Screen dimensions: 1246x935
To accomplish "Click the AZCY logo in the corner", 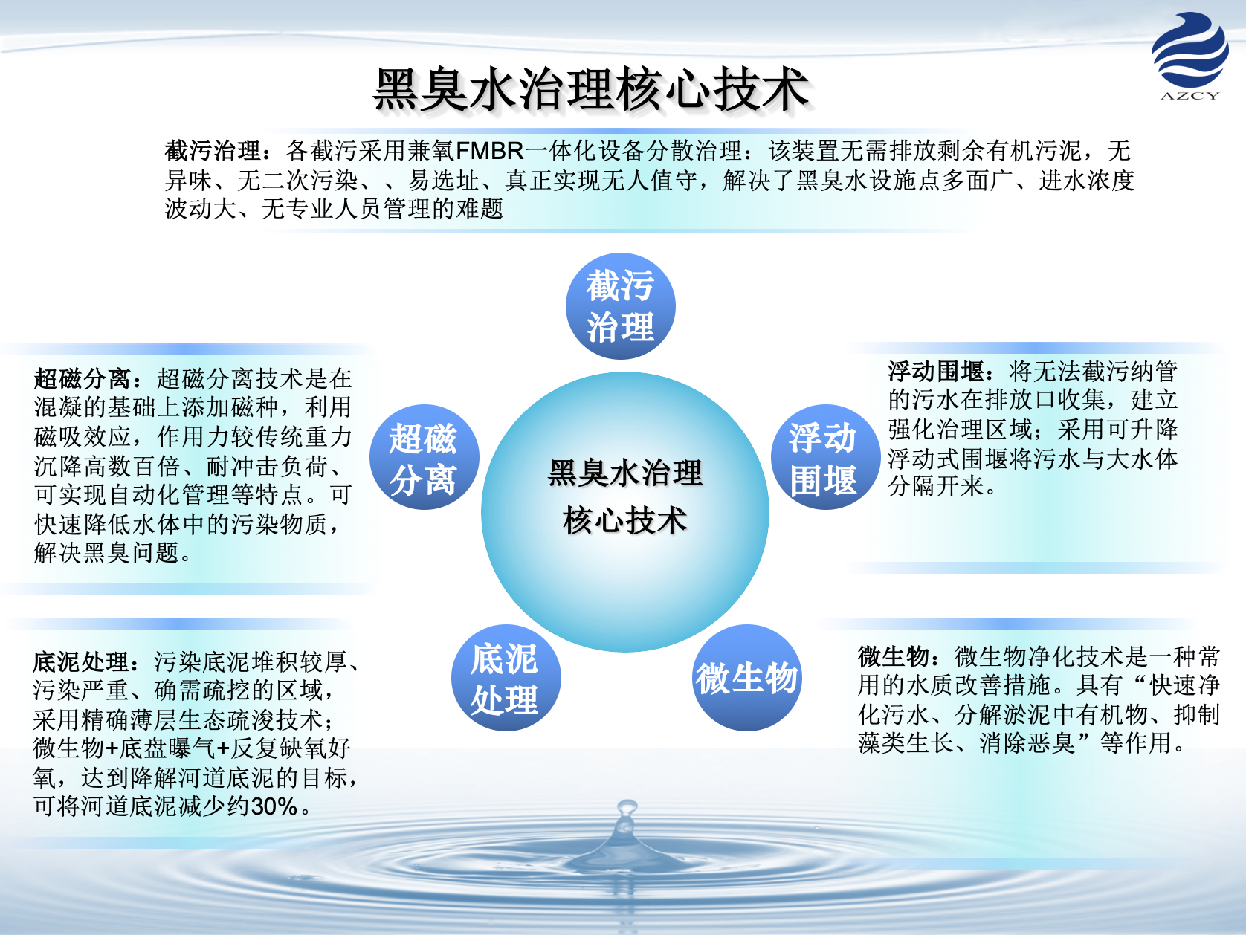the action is coord(1189,56).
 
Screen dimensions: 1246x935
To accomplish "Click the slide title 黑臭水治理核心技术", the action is coord(592,88).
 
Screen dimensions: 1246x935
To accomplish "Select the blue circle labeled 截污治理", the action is coord(621,306).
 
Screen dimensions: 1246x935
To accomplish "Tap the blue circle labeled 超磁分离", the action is coord(424,456).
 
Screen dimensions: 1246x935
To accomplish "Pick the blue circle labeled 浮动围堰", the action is coord(825,456).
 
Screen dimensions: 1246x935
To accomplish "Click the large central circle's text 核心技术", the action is coord(625,520).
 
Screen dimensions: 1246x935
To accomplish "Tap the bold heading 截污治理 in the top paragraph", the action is coord(213,151).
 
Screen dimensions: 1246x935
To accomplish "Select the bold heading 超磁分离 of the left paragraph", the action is coord(83,378).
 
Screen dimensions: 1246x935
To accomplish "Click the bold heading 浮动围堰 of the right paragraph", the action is coord(937,372).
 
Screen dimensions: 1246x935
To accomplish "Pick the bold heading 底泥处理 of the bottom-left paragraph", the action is coord(81,661).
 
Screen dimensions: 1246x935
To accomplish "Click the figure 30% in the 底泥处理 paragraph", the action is coord(274,806).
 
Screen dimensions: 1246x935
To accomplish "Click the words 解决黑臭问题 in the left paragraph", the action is coord(107,553).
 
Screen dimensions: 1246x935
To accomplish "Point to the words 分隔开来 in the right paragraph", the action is coord(937,486).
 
